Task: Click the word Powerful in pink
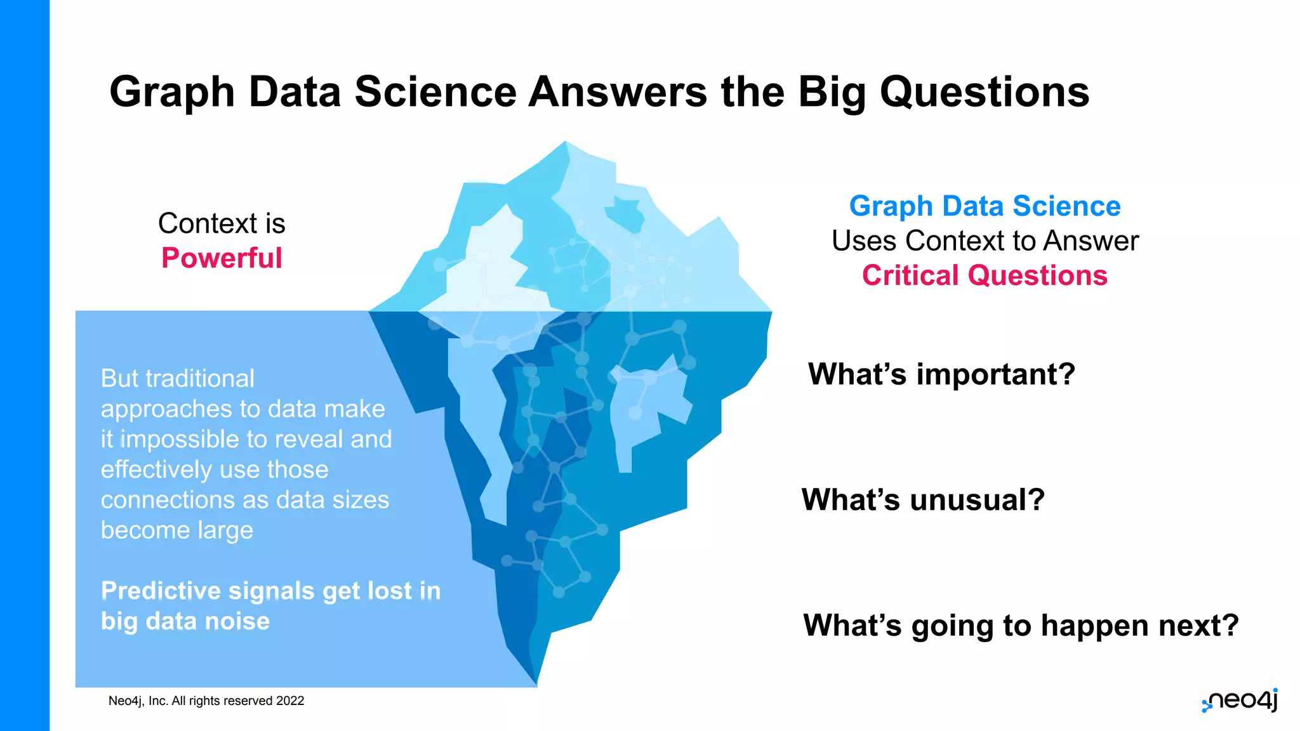(222, 258)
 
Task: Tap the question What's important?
(941, 374)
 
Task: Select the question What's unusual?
(922, 499)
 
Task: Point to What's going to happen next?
(1020, 625)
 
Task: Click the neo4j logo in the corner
(1240, 701)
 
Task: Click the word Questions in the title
(984, 92)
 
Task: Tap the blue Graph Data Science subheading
(985, 206)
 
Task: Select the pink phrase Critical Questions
(984, 275)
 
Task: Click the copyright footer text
(206, 701)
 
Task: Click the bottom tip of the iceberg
(537, 682)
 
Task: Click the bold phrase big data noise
(185, 621)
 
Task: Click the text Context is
(222, 223)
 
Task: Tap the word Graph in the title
(172, 92)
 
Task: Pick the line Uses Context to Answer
(985, 241)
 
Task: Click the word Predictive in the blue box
(161, 591)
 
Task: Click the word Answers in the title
(617, 92)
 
